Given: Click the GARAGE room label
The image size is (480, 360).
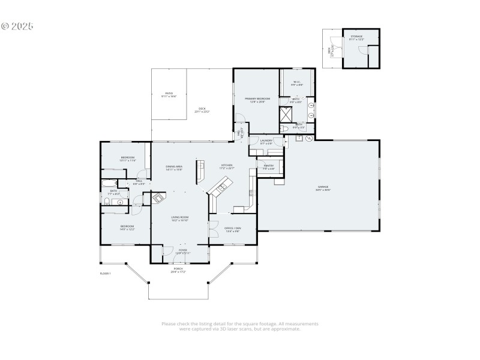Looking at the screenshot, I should (323, 187).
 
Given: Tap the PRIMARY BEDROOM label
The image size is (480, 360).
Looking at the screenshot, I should (257, 98).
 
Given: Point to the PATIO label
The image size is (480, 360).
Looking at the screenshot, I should (169, 93).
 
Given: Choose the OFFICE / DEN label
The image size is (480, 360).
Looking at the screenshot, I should (232, 228).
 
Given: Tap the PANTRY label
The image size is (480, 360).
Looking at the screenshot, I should (268, 165).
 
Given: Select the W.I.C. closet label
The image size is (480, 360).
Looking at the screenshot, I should (297, 82).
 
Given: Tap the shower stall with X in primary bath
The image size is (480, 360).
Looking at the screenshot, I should (286, 114).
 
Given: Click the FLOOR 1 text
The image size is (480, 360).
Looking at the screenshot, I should (105, 274).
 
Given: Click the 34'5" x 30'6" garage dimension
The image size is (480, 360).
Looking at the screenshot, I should (323, 190).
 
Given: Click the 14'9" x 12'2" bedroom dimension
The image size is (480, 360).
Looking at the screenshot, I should (127, 229).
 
